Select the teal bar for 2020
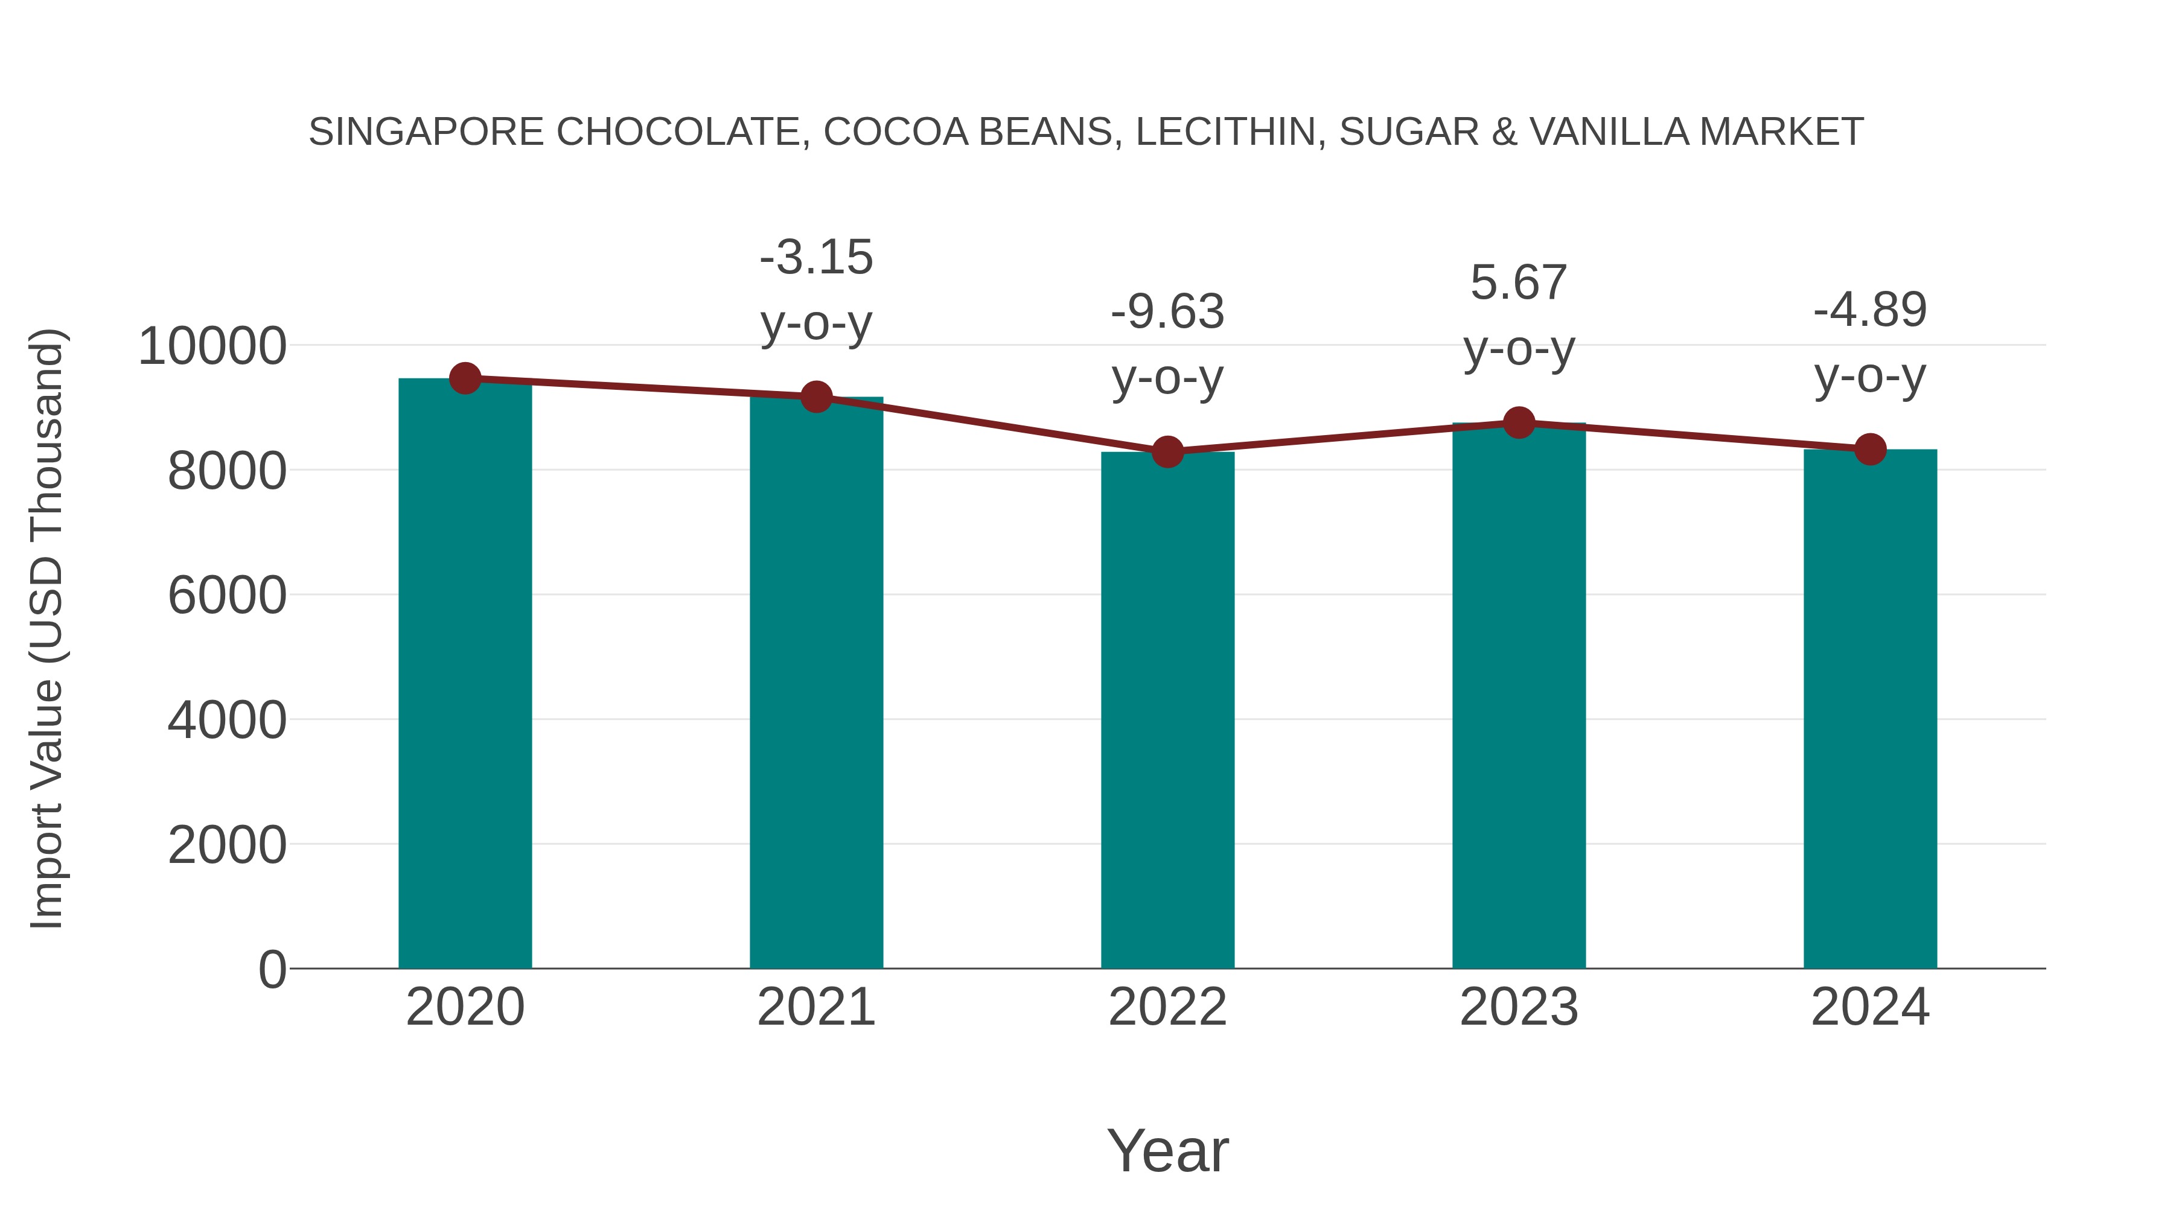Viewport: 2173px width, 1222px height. [465, 675]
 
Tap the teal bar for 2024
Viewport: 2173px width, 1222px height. [1870, 708]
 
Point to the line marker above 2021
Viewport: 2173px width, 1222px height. [815, 396]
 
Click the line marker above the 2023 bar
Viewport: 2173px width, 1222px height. [1519, 422]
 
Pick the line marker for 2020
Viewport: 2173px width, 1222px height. [465, 378]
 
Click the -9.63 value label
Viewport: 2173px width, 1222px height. [1167, 312]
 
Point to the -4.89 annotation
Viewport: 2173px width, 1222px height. [1870, 310]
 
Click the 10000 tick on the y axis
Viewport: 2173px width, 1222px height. [212, 346]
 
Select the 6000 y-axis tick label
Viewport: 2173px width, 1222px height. [227, 596]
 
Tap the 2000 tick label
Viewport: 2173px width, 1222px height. [227, 845]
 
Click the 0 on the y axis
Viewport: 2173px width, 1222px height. [272, 969]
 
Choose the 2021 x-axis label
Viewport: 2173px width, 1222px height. [815, 1007]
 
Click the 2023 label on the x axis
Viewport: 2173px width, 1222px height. [1519, 1007]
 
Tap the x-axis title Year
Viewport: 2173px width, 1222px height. [1167, 1150]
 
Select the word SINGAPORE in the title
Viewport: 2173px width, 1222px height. [426, 132]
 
